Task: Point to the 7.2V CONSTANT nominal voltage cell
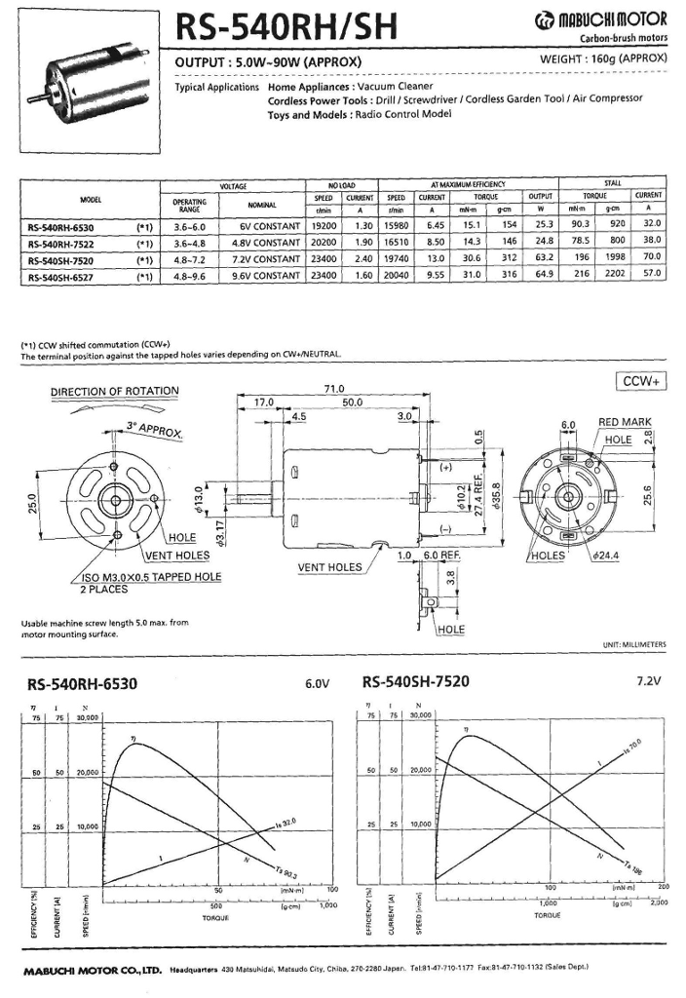262,258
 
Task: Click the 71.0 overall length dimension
333,388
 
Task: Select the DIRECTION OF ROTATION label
115,392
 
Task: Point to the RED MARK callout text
624,423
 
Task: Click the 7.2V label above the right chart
651,682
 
